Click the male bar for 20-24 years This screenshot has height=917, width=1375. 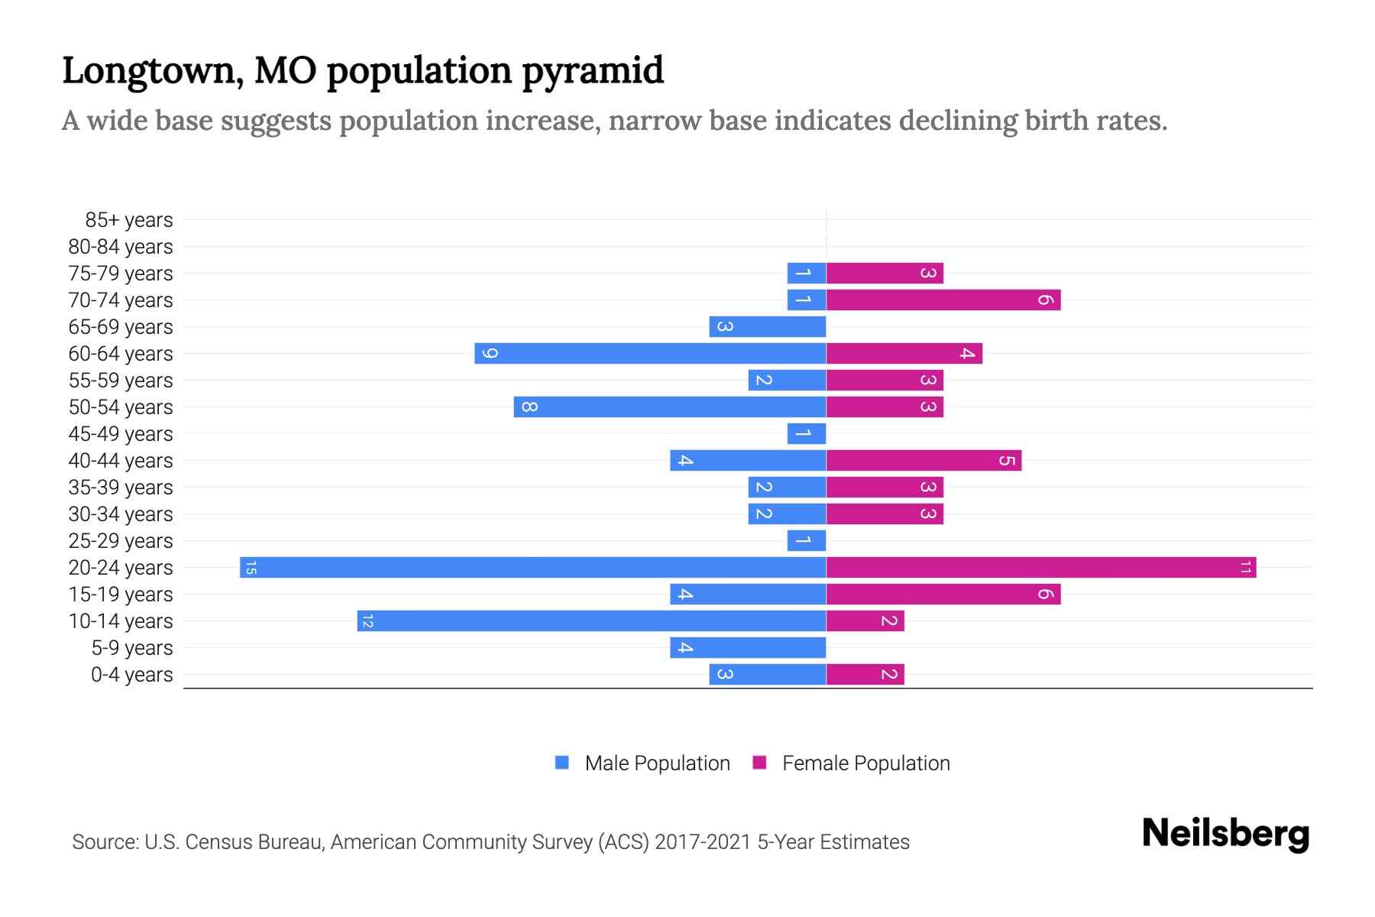(533, 567)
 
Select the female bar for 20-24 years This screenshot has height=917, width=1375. (1040, 567)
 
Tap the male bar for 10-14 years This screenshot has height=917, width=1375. (591, 621)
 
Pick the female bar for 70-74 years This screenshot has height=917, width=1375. (943, 300)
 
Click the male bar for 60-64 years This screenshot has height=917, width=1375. (650, 353)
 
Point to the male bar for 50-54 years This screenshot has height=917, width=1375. (670, 407)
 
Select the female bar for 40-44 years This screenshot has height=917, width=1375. (924, 460)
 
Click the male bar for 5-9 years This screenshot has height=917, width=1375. (748, 647)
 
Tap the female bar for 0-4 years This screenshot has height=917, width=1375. (865, 674)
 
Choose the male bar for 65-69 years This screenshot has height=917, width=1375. (767, 326)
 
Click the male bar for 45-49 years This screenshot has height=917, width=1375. (807, 433)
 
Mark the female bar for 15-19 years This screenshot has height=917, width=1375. (943, 594)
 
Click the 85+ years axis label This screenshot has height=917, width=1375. (129, 220)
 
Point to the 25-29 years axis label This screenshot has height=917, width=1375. (121, 541)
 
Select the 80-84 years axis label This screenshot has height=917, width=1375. (121, 247)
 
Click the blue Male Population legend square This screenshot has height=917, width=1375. (562, 763)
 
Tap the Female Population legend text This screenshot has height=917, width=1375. (865, 763)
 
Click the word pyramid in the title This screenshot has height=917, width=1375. (593, 70)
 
